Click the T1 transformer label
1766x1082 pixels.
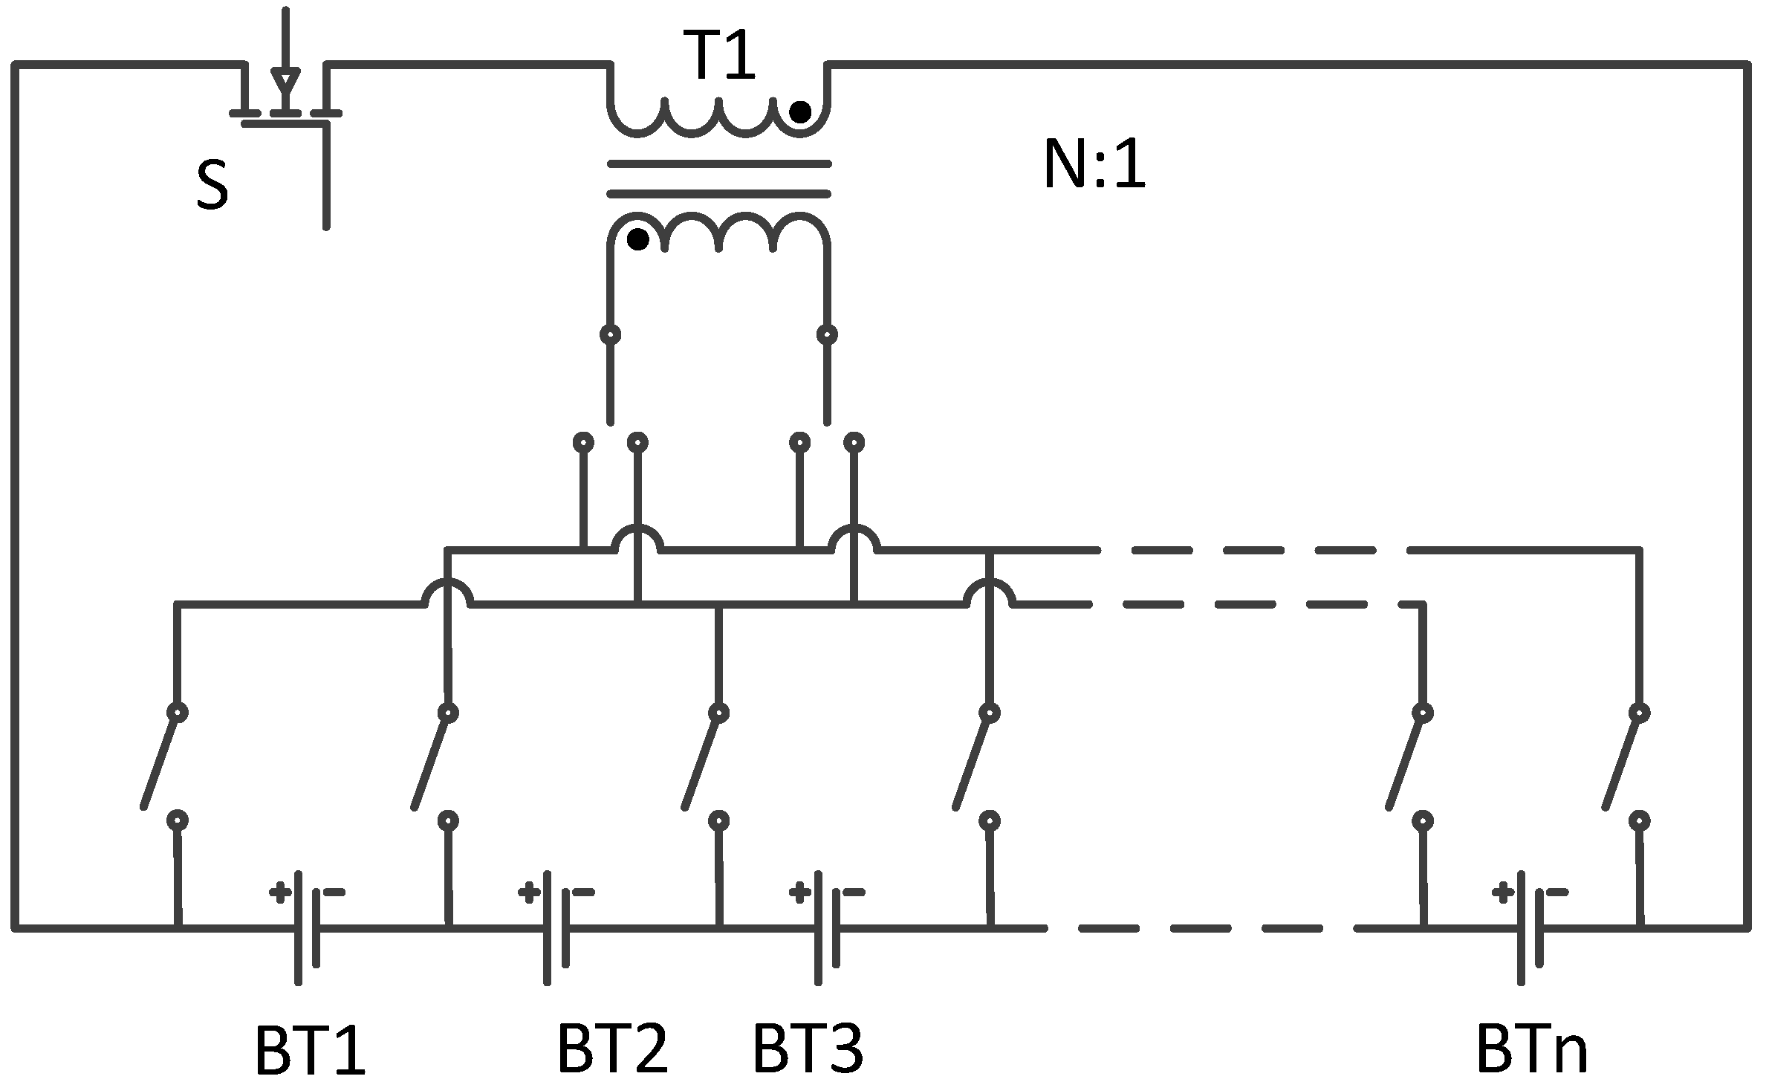click(x=721, y=57)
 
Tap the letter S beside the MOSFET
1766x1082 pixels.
click(x=212, y=187)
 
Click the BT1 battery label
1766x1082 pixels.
click(x=311, y=1052)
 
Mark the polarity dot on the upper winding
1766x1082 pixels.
click(x=800, y=113)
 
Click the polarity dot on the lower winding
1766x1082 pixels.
click(x=638, y=240)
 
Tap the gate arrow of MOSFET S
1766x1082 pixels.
click(x=285, y=77)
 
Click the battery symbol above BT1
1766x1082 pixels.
click(x=308, y=927)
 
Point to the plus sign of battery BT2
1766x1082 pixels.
click(x=529, y=892)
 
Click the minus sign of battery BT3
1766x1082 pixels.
click(x=854, y=892)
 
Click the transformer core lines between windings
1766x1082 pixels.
click(x=718, y=178)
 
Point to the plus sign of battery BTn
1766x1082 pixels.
click(x=1504, y=892)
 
